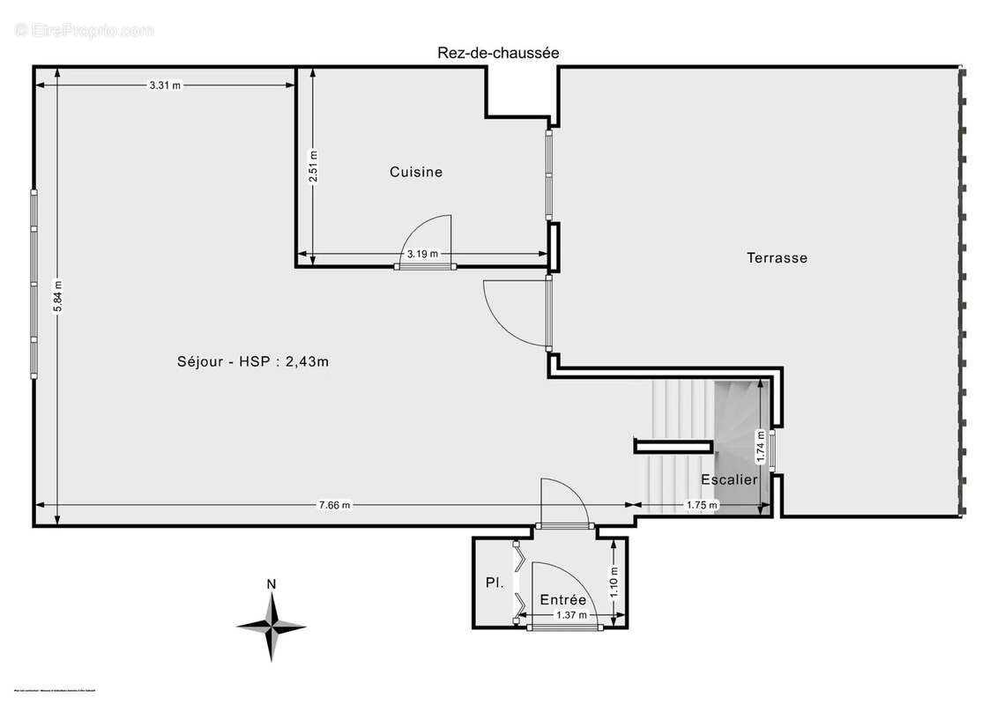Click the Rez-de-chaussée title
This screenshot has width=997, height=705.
498,53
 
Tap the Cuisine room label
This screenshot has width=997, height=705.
416,172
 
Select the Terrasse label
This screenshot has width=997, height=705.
777,258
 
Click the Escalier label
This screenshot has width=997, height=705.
729,479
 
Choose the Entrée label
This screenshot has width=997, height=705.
563,599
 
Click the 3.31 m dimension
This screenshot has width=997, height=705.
165,85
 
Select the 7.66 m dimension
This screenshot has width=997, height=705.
334,505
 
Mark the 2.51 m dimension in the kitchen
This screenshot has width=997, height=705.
313,167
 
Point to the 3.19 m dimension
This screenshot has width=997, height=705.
420,255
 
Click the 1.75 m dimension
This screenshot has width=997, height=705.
702,505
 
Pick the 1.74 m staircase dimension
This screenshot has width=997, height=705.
761,446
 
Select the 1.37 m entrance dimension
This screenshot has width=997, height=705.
571,615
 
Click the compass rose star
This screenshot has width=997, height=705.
272,627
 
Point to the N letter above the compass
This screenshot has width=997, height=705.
272,583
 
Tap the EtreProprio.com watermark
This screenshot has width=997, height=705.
85,30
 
